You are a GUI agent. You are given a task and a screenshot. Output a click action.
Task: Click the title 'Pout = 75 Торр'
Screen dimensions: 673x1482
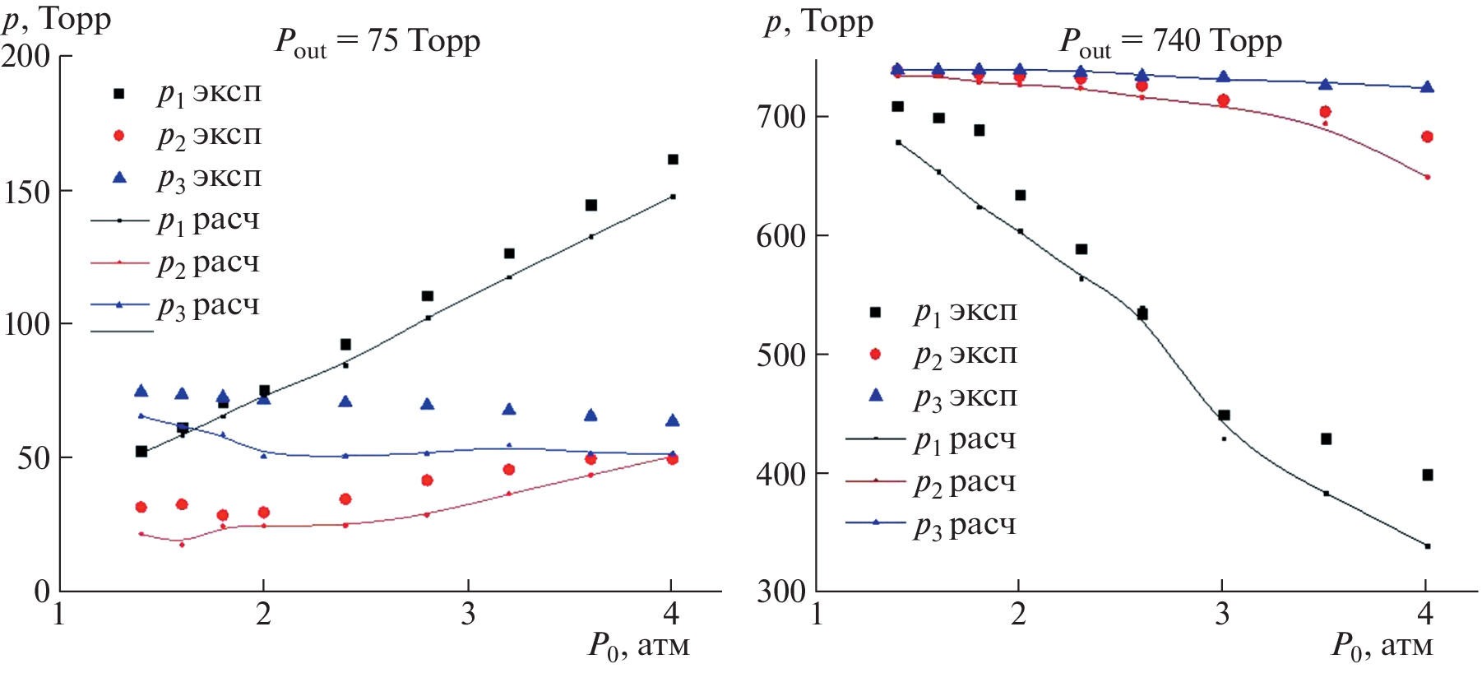coord(377,41)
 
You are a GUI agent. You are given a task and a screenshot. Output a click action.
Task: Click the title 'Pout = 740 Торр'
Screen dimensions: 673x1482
coord(1170,41)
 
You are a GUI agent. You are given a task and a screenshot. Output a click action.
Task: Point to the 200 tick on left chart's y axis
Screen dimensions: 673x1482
coord(26,56)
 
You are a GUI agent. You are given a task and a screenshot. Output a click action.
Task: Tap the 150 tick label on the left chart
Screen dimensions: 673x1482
coord(26,192)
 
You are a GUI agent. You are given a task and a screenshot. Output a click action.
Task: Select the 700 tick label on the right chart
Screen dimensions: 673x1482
coord(781,117)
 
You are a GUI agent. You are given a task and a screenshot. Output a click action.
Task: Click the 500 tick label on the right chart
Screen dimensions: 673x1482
coord(781,355)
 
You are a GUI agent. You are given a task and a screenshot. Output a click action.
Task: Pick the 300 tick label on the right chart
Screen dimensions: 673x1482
coord(781,591)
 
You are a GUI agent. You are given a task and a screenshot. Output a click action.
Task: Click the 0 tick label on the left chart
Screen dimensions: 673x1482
coord(42,591)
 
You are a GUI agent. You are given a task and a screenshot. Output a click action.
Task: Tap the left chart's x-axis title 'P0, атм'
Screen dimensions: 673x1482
coord(638,646)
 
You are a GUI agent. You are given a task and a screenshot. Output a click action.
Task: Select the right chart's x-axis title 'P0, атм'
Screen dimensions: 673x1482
coord(1382,646)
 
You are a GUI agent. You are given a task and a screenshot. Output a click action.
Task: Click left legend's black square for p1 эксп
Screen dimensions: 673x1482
coord(119,94)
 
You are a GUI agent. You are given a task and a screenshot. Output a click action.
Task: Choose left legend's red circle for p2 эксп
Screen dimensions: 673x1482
coord(119,136)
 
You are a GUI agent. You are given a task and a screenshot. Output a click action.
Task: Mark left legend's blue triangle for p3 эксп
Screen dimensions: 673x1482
coord(119,178)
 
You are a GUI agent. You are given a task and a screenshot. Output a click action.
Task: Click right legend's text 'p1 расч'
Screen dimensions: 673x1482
coord(965,441)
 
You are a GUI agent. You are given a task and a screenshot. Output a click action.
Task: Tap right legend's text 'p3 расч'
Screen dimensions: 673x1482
coord(965,526)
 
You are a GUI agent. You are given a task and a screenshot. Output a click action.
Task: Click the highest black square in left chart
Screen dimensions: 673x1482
coord(673,160)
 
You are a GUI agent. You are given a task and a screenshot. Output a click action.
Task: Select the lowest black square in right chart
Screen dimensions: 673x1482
coord(1427,475)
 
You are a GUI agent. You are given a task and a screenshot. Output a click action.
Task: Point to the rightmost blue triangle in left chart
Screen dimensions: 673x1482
coord(672,420)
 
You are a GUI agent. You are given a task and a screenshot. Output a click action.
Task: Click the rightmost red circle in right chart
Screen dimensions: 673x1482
coord(1427,137)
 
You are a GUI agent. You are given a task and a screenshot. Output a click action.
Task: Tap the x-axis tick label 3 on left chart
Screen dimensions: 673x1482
coord(468,614)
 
